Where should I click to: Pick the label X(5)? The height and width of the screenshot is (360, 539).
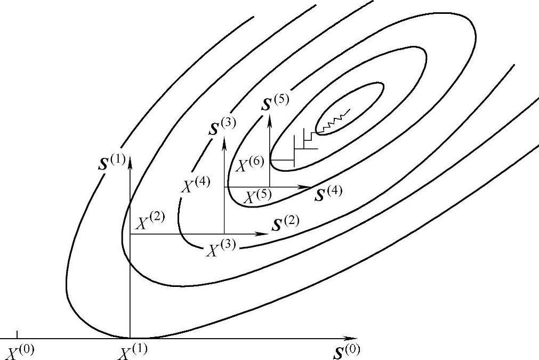[258, 196]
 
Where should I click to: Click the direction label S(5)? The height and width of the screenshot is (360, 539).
[275, 101]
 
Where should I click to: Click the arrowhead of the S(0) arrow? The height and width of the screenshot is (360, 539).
[352, 338]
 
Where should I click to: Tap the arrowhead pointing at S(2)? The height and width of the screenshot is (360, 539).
[264, 234]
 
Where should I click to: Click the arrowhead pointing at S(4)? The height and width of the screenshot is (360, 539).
[308, 187]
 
